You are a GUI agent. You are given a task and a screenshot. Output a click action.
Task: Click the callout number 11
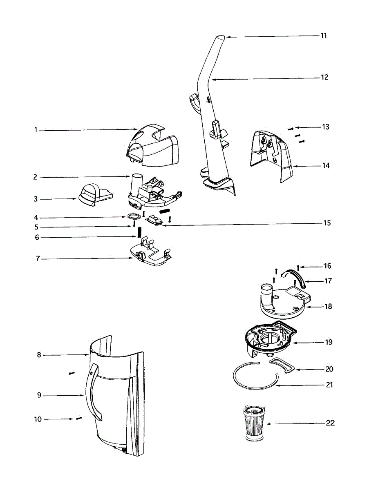[323, 36]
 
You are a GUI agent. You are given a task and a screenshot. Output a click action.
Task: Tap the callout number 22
[330, 423]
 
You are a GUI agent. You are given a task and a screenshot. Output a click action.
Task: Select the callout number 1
[36, 130]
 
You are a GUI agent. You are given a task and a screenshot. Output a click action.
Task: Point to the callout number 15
[327, 223]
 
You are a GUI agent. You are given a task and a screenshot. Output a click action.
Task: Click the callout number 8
[39, 355]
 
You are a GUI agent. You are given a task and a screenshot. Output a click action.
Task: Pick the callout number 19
[329, 342]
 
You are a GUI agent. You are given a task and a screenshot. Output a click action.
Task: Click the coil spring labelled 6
[139, 233]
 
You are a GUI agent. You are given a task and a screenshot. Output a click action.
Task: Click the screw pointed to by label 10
[78, 419]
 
